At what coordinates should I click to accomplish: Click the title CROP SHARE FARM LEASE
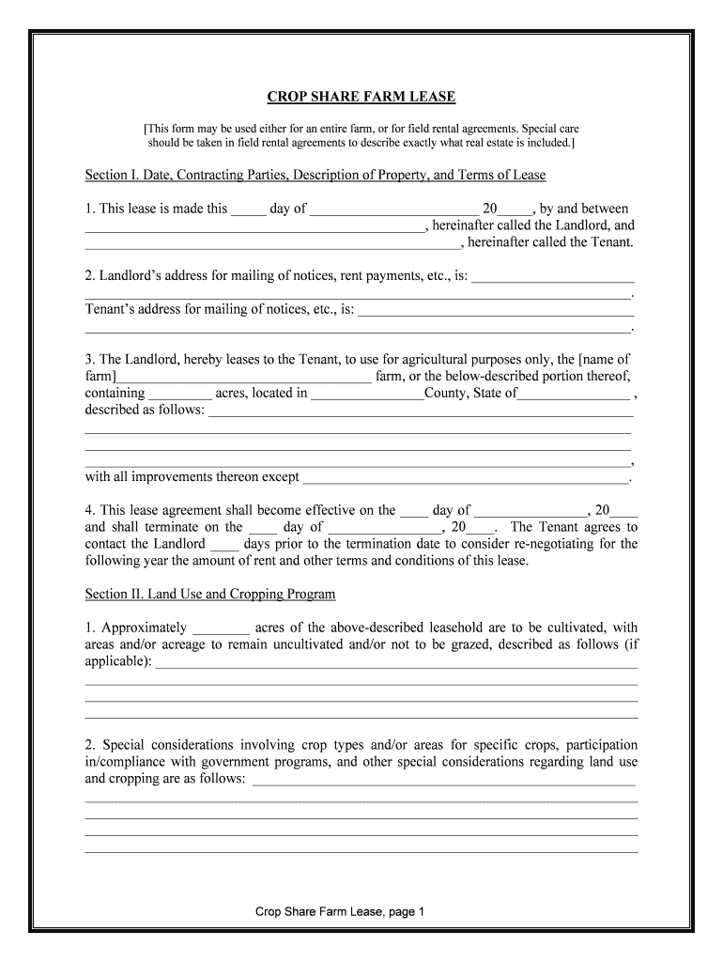click(361, 98)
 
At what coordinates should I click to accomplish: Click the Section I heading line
click(315, 176)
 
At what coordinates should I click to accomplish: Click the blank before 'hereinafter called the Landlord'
click(254, 227)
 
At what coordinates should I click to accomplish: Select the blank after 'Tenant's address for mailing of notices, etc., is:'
click(496, 311)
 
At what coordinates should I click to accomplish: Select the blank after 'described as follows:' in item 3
click(420, 412)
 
